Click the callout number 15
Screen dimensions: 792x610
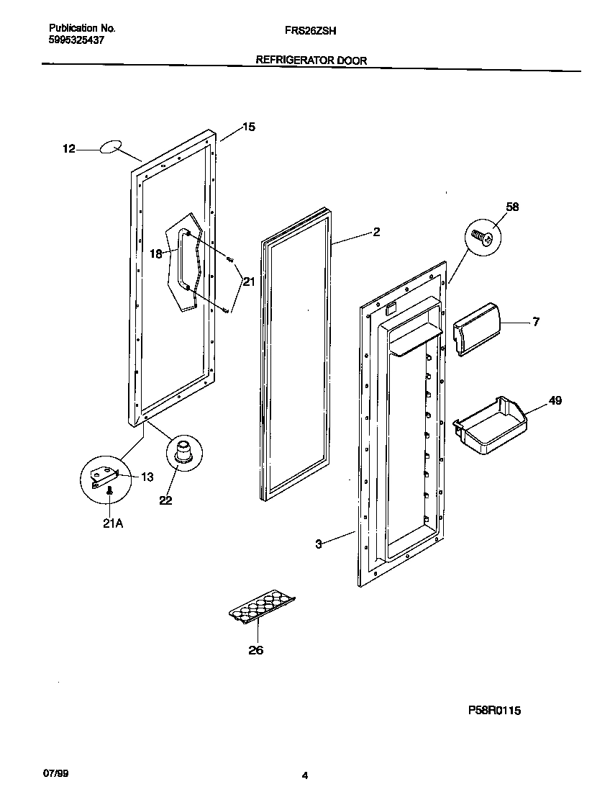click(248, 127)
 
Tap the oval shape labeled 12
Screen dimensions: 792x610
click(109, 148)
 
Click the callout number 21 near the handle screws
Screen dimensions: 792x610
click(248, 282)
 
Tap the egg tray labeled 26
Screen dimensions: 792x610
click(263, 606)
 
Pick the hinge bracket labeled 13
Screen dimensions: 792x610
click(104, 475)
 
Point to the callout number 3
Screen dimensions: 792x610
click(318, 544)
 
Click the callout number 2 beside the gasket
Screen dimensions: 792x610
click(376, 232)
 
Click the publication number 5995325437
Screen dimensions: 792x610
click(76, 41)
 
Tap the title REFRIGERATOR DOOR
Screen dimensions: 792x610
click(311, 61)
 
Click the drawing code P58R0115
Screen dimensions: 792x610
click(495, 710)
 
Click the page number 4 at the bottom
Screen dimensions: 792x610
click(305, 775)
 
